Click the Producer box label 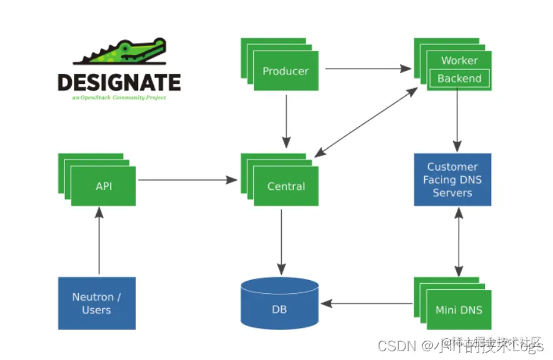286,71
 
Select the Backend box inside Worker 459,79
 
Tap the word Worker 459,61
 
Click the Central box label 286,186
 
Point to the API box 104,186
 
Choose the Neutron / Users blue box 97,303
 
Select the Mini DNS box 459,309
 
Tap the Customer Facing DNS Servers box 452,179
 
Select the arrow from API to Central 187,180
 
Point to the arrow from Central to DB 281,241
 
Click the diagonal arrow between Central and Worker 367,122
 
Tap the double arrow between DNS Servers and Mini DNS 459,241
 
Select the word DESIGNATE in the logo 119,82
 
